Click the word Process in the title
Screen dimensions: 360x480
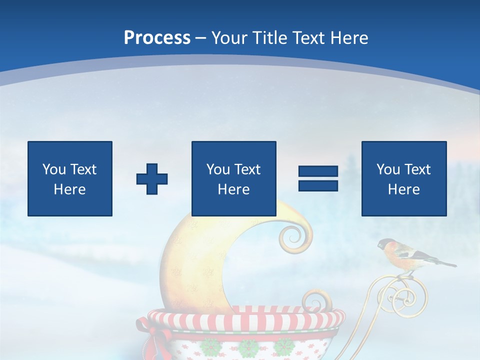pyautogui.click(x=157, y=37)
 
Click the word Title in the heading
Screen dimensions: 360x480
pyautogui.click(x=269, y=37)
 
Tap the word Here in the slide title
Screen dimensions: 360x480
pyautogui.click(x=348, y=37)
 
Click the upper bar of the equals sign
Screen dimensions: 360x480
pyautogui.click(x=318, y=171)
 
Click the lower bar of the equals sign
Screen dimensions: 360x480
pyautogui.click(x=318, y=185)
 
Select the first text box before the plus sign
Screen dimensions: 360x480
pyautogui.click(x=70, y=178)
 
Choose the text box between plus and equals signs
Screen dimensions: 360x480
pyautogui.click(x=233, y=178)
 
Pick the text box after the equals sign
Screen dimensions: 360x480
pyautogui.click(x=404, y=178)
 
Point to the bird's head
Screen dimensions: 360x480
pyautogui.click(x=386, y=244)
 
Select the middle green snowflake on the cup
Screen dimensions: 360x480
pyautogui.click(x=248, y=346)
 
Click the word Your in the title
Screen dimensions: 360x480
pyautogui.click(x=230, y=37)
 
